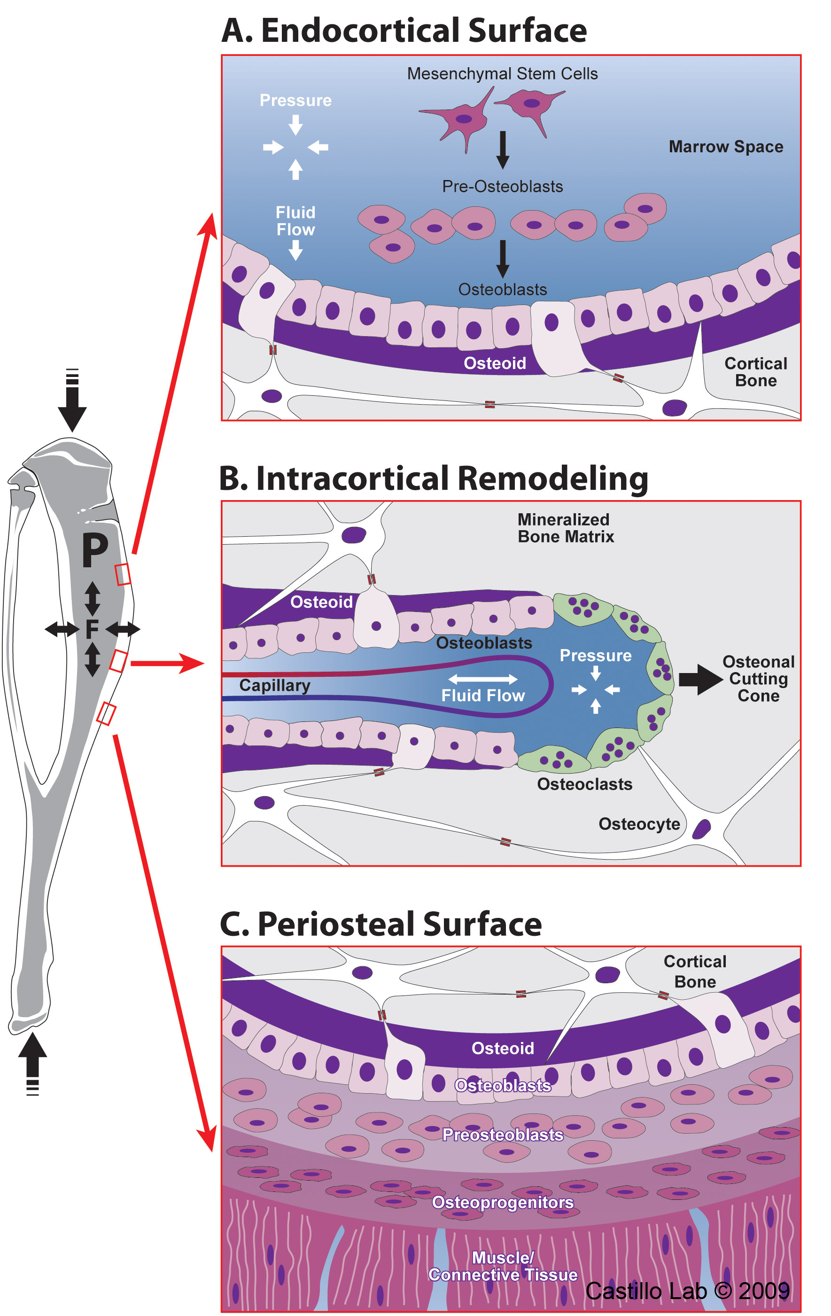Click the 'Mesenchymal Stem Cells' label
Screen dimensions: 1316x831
click(x=502, y=74)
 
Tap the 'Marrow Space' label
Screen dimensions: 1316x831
click(x=726, y=147)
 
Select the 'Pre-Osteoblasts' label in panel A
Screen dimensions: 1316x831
click(x=502, y=187)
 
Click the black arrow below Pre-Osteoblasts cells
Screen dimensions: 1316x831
click(x=503, y=258)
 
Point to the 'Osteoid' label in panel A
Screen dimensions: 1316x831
click(x=495, y=363)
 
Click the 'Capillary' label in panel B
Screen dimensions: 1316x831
click(x=274, y=685)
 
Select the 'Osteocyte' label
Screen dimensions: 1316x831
click(x=639, y=823)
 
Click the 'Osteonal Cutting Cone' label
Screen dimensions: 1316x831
click(x=758, y=678)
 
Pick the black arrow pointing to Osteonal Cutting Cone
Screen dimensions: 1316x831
click(x=700, y=679)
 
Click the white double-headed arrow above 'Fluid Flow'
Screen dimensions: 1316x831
click(x=482, y=679)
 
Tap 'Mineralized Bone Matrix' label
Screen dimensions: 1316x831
click(x=566, y=528)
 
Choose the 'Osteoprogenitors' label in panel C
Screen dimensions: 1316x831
click(x=503, y=1202)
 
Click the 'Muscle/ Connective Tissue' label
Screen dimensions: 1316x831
click(x=503, y=1266)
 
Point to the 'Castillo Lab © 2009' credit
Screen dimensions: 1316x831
click(x=687, y=1291)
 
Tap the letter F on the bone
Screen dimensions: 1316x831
click(x=92, y=629)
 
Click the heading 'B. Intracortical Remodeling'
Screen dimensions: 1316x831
click(x=433, y=479)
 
